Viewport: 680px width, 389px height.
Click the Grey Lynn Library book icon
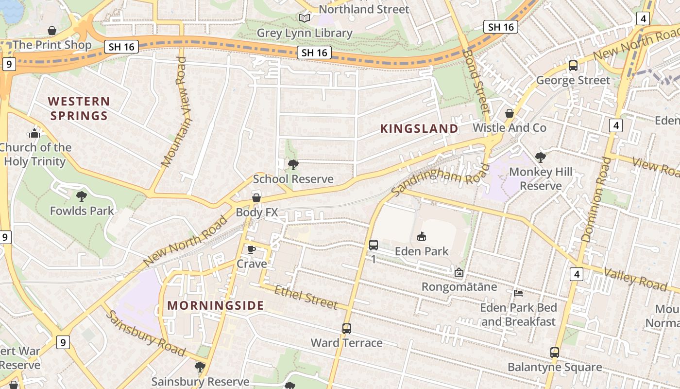point(305,18)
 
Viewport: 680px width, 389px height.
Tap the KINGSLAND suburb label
point(419,128)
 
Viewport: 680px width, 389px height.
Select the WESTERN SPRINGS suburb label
point(79,108)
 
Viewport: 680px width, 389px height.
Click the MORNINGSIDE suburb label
point(216,305)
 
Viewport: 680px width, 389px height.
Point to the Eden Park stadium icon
point(422,237)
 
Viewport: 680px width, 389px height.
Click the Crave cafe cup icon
point(251,249)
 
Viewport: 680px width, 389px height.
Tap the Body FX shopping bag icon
point(256,198)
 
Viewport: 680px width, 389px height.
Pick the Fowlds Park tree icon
point(82,196)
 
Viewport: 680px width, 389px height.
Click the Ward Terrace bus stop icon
point(346,329)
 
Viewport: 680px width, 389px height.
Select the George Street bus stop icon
point(573,66)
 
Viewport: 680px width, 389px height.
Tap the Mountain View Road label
point(175,112)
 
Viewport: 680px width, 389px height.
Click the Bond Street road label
point(476,80)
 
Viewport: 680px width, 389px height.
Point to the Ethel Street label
point(306,297)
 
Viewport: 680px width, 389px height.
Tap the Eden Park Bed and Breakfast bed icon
point(518,293)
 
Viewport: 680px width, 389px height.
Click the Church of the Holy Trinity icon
point(34,133)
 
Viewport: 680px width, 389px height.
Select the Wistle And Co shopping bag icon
point(509,113)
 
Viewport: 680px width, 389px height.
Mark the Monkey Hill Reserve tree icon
point(540,157)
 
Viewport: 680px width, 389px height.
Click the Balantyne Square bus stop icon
point(555,353)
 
